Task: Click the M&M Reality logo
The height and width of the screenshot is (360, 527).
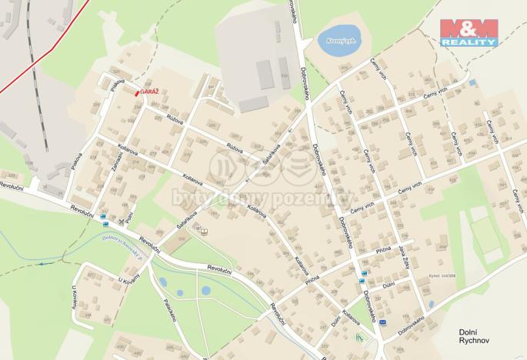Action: click(x=469, y=32)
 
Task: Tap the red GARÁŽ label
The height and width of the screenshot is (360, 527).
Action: click(x=150, y=91)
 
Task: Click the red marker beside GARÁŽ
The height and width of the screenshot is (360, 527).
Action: click(x=138, y=92)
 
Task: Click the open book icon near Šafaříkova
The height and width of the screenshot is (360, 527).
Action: click(x=204, y=232)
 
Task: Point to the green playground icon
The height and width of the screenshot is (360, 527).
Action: click(x=356, y=337)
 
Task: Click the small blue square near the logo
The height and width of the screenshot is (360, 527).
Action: click(x=472, y=82)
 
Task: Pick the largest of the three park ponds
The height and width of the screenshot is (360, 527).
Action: click(x=206, y=290)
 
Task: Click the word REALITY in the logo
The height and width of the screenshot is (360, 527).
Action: click(x=469, y=43)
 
